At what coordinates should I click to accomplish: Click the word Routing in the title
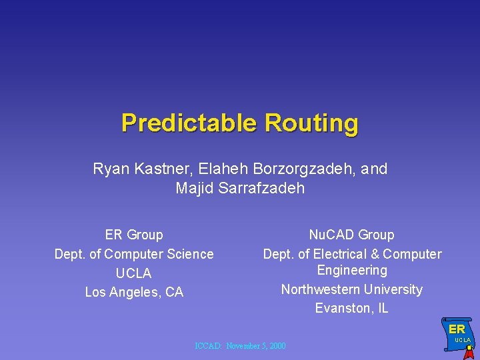click(311, 123)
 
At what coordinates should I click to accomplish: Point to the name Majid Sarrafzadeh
click(240, 189)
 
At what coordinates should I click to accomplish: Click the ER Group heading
click(134, 235)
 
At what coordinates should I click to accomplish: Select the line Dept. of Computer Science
click(134, 254)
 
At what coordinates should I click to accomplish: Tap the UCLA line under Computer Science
click(134, 273)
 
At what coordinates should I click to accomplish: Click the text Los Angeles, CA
click(134, 293)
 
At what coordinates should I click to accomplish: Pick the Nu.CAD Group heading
click(352, 235)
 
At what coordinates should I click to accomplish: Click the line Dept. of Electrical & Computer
click(352, 254)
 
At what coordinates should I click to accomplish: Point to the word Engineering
click(352, 270)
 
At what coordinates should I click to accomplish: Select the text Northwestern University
click(352, 289)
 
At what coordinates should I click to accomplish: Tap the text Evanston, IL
click(352, 309)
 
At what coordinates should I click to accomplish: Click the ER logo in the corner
click(457, 329)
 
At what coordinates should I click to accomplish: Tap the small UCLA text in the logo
click(462, 341)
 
